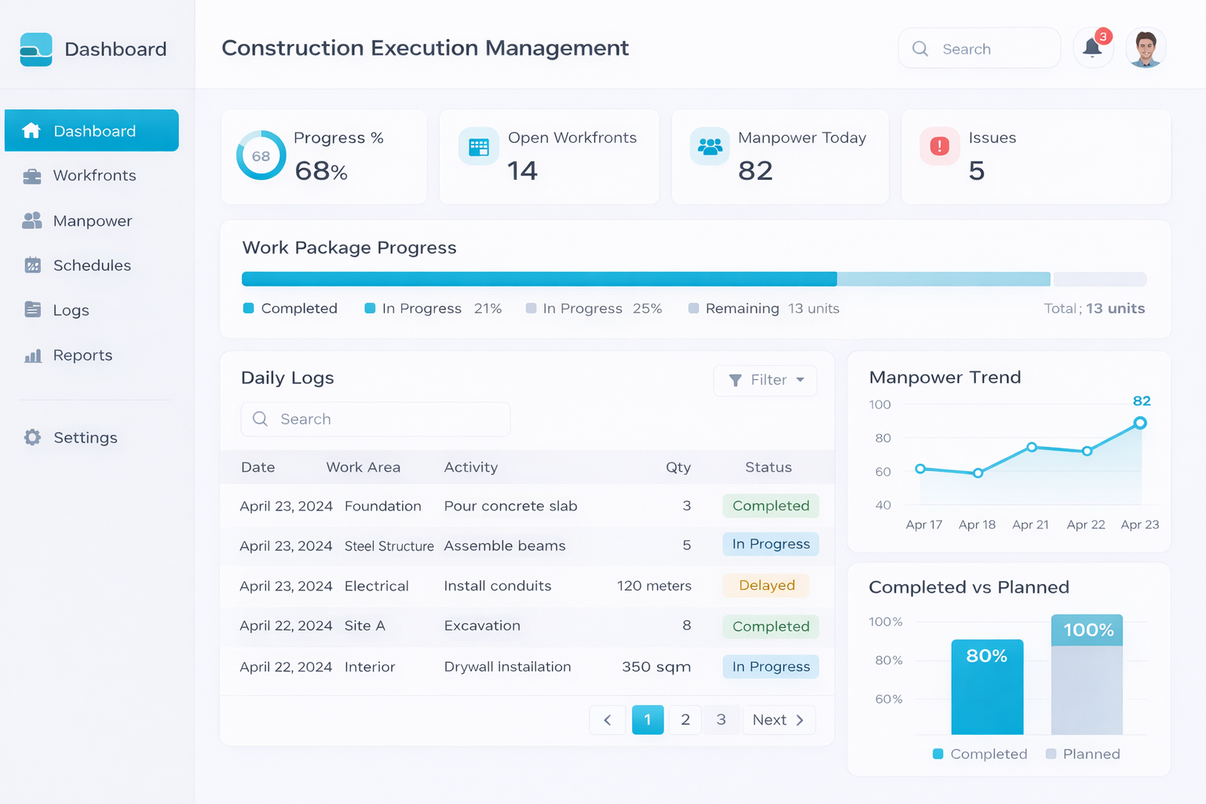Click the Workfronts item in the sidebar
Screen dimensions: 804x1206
point(93,176)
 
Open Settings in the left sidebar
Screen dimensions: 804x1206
point(85,438)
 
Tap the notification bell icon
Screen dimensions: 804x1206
point(1092,48)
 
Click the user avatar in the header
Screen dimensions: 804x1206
point(1146,49)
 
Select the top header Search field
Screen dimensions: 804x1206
point(979,49)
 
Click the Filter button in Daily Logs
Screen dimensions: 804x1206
point(766,380)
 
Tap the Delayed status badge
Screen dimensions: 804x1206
point(766,586)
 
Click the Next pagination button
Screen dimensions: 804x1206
point(778,720)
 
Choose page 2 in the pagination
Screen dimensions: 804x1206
point(685,720)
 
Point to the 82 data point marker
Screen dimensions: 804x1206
point(1140,423)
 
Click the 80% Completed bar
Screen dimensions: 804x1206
point(987,688)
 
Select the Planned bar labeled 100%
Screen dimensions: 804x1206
point(1087,675)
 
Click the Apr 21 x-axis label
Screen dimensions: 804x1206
point(1030,524)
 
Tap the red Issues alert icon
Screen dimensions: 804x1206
point(939,146)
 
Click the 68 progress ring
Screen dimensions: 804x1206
point(261,155)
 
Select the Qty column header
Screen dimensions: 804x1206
point(678,467)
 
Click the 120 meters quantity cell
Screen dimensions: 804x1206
point(654,586)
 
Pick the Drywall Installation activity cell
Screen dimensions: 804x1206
point(507,667)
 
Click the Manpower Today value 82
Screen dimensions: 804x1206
point(755,171)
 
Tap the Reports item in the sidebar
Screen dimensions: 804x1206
point(82,356)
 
